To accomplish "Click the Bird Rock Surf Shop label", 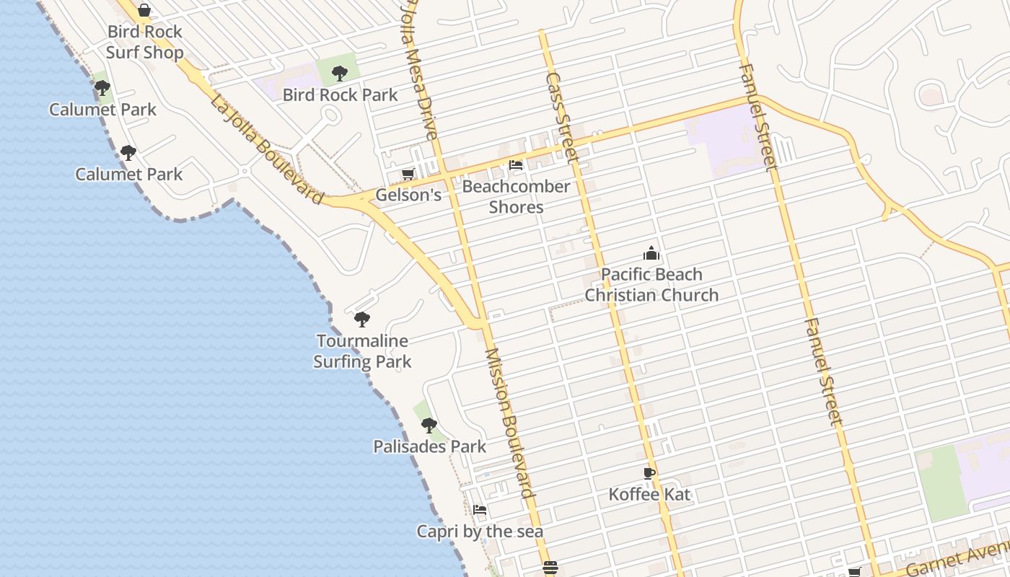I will click(x=144, y=42).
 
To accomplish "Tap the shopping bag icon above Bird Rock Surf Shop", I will click(x=144, y=10).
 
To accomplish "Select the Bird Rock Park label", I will click(x=340, y=94).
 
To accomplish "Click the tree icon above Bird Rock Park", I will click(x=340, y=73).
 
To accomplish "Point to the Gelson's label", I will click(x=408, y=195).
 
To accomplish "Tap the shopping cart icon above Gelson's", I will click(x=408, y=174).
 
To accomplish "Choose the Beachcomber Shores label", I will click(x=516, y=196).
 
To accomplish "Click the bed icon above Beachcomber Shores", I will click(x=516, y=165).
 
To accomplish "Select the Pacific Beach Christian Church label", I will click(x=651, y=284).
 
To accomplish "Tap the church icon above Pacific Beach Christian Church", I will click(x=651, y=253).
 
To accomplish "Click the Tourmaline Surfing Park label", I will click(x=362, y=351).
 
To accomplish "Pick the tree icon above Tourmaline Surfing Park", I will click(x=362, y=319).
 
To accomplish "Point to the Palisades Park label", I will click(x=429, y=446).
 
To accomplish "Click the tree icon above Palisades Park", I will click(x=429, y=425).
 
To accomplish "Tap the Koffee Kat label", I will click(x=649, y=494).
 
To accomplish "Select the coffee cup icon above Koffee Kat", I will click(x=649, y=473).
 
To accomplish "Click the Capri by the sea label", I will click(x=480, y=532).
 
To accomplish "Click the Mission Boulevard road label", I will click(x=509, y=423).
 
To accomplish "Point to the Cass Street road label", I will click(x=562, y=117).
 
